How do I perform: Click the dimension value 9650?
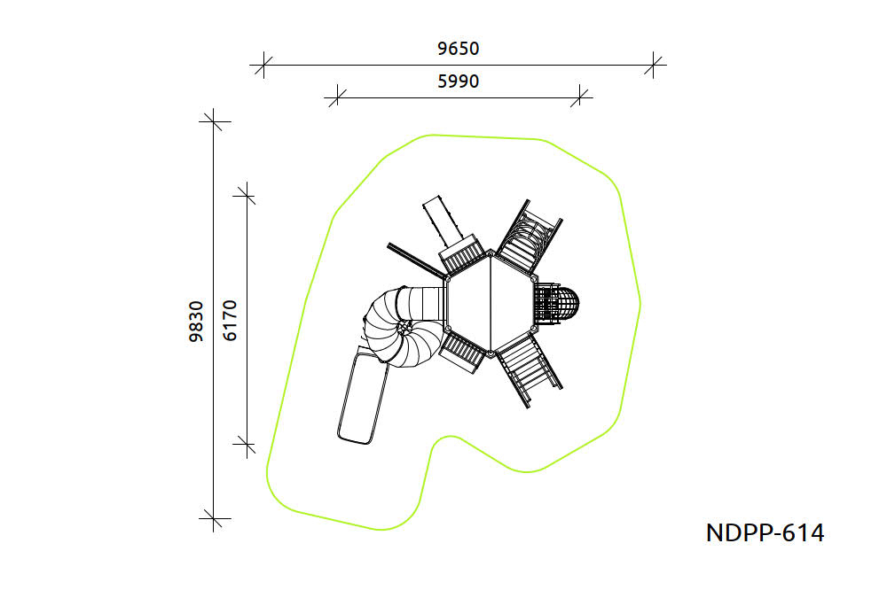(459, 49)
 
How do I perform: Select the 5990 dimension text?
(459, 82)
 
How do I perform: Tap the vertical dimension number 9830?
(196, 321)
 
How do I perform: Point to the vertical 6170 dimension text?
(230, 321)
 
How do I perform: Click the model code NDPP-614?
(765, 533)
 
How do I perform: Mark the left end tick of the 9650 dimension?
(263, 65)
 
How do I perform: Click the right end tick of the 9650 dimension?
(654, 65)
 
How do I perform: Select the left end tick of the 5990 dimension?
(337, 97)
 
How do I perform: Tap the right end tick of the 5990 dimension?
(579, 97)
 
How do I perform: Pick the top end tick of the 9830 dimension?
(213, 121)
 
